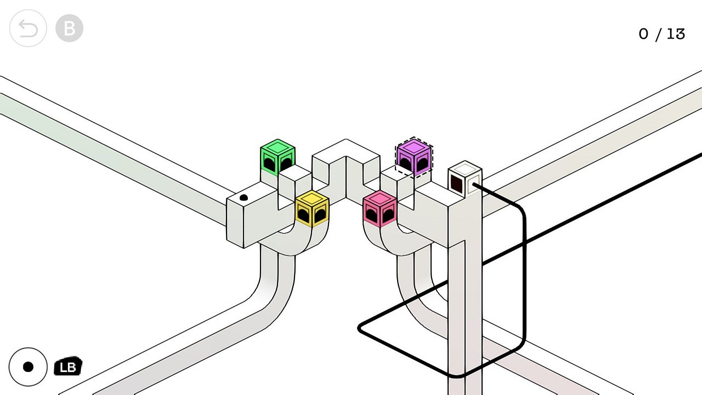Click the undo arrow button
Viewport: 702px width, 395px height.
28,28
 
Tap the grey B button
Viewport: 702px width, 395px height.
69,28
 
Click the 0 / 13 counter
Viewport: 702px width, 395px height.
661,34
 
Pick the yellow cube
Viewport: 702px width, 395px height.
312,208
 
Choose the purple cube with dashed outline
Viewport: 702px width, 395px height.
414,157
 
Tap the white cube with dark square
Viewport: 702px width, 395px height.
465,179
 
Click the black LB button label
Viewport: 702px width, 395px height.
68,366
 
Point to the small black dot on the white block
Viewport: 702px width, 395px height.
244,198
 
